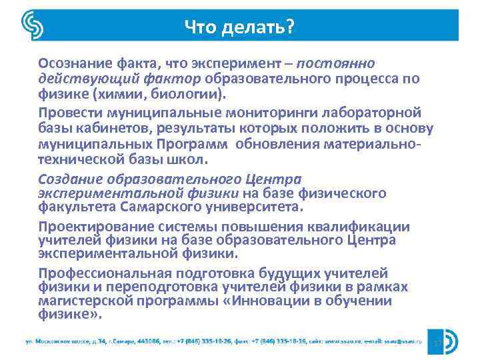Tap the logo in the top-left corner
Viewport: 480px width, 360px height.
pyautogui.click(x=33, y=26)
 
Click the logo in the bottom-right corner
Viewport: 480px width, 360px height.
pyautogui.click(x=447, y=342)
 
